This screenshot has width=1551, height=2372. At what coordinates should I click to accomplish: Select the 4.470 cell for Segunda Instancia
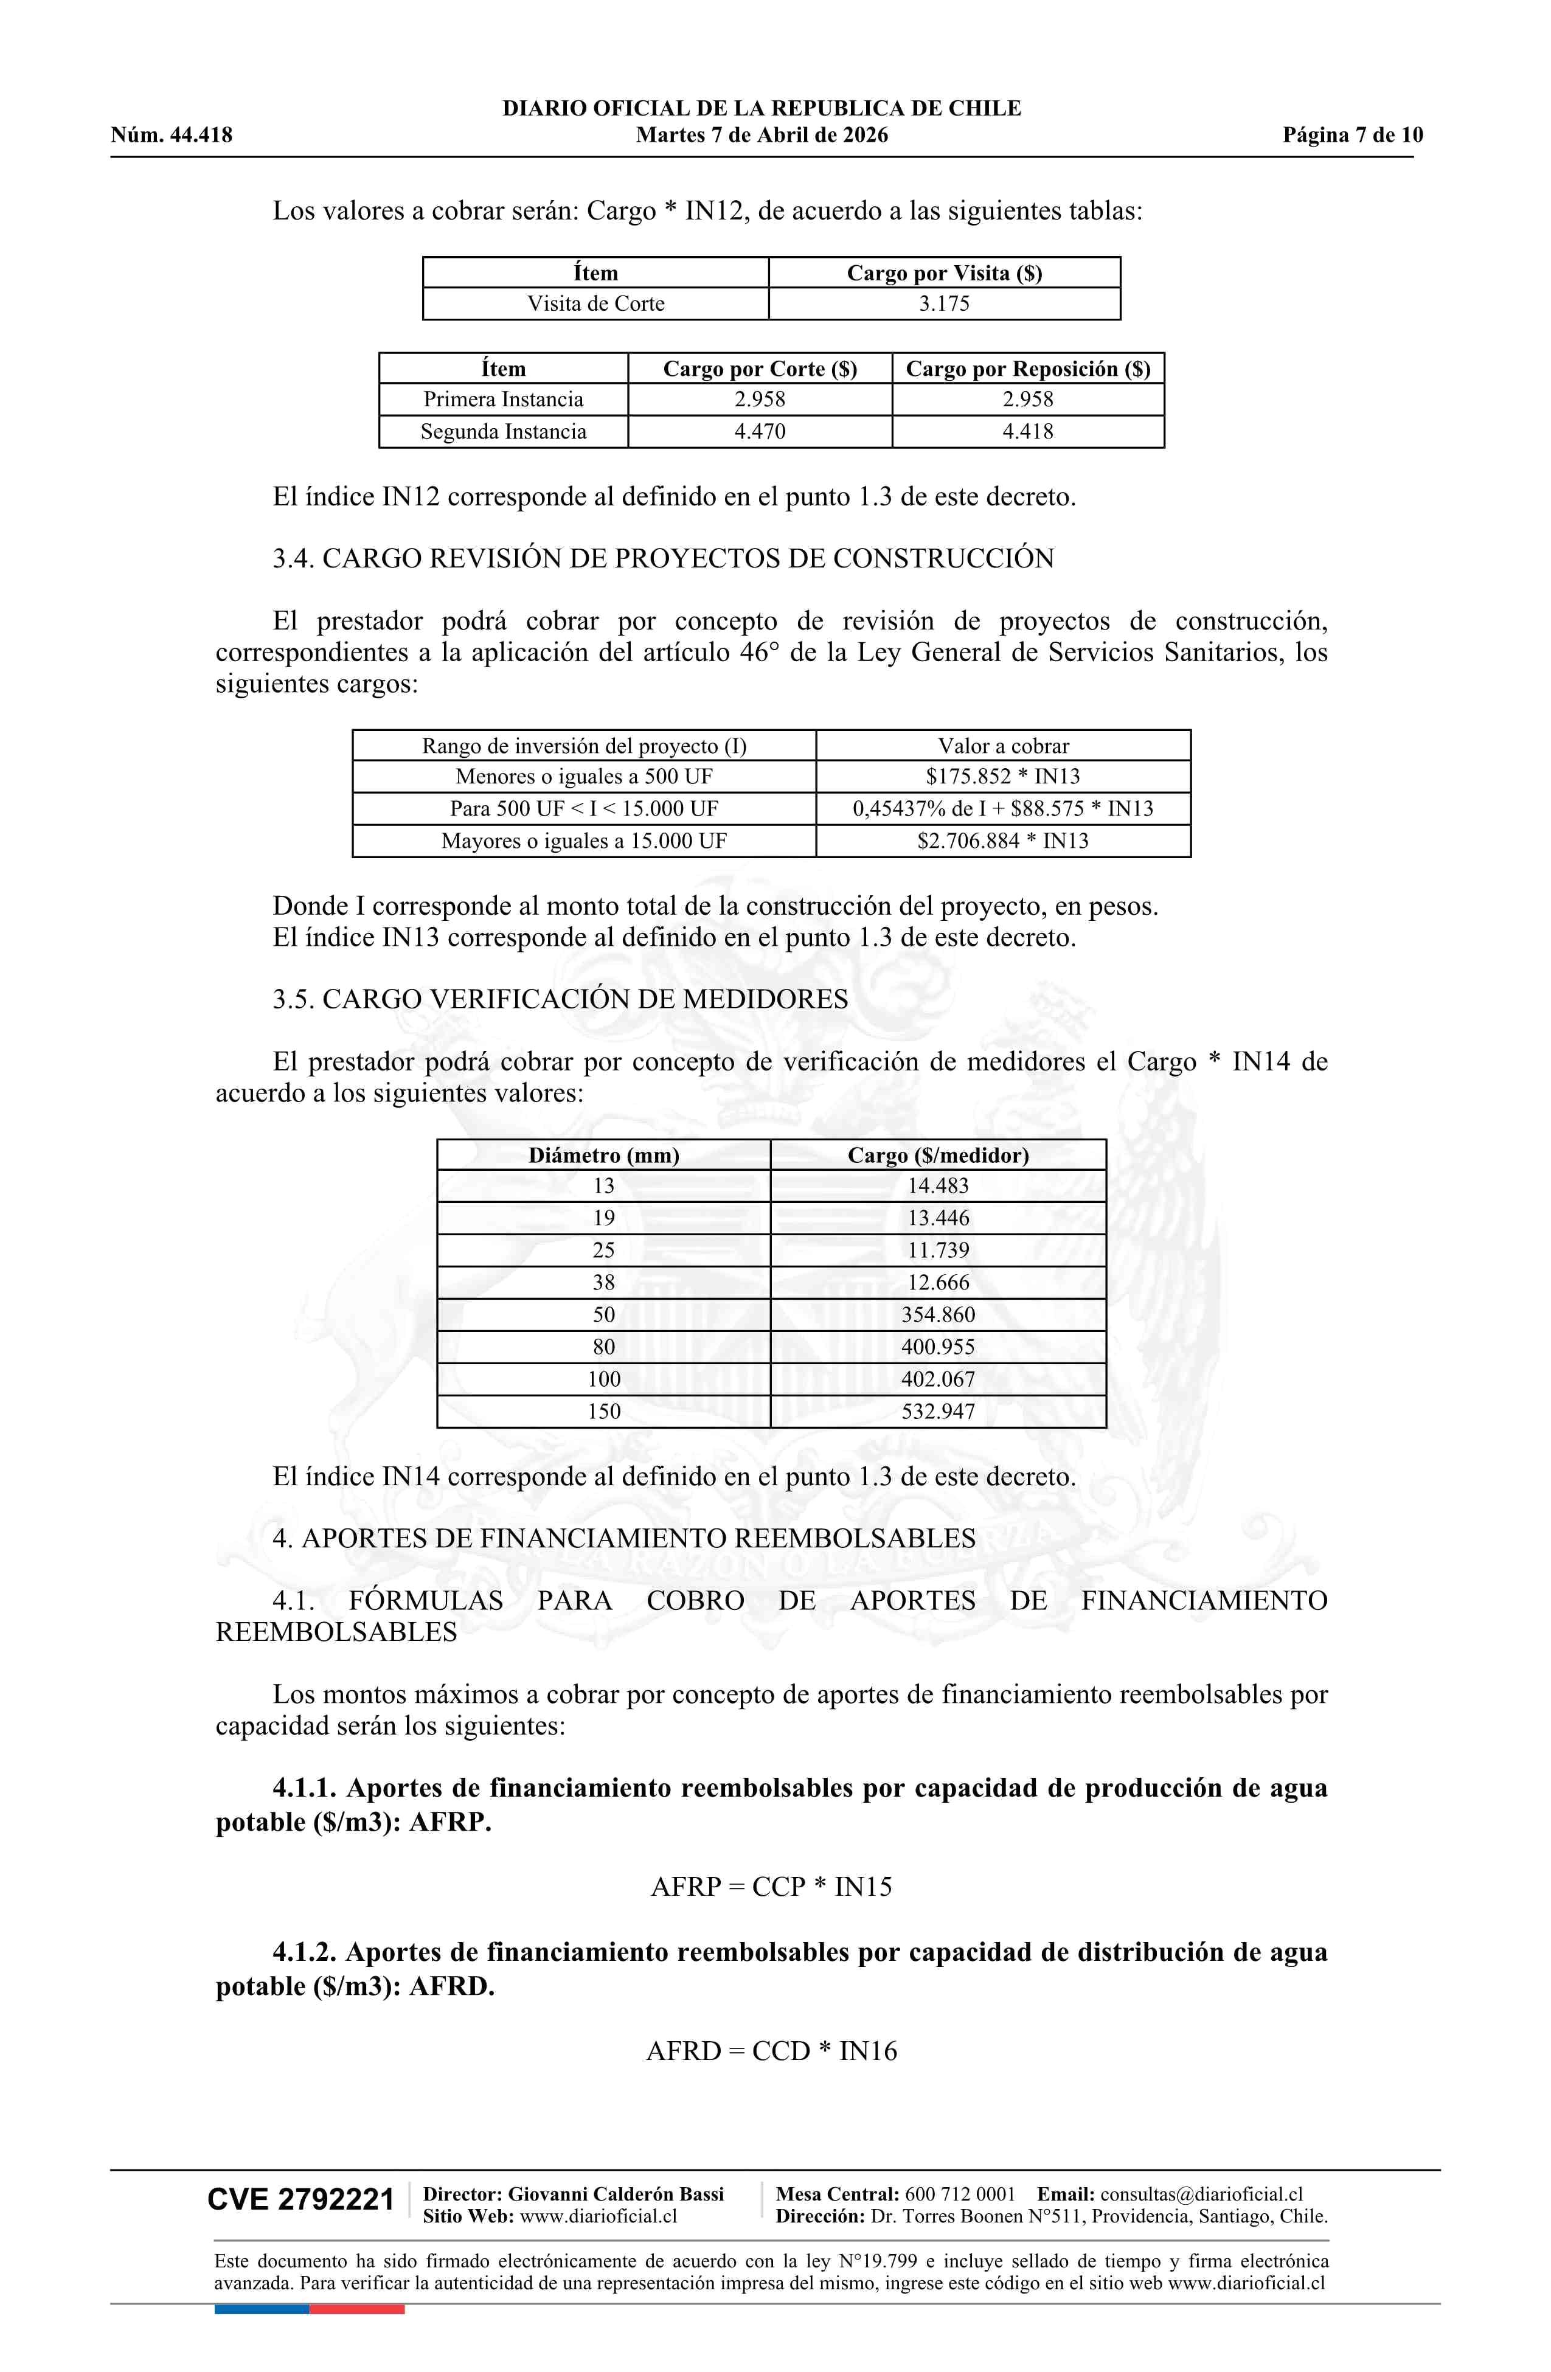(760, 432)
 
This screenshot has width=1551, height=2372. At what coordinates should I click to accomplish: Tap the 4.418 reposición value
(1028, 432)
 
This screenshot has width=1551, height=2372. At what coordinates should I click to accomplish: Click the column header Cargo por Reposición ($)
(1028, 369)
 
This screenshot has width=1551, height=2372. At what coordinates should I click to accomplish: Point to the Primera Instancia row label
(504, 400)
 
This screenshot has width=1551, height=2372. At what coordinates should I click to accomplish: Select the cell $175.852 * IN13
(1003, 777)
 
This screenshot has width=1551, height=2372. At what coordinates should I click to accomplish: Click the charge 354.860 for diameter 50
(938, 1314)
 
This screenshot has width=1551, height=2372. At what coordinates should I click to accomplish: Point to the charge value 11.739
(938, 1250)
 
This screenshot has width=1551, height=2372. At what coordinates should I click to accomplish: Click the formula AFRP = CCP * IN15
(771, 1887)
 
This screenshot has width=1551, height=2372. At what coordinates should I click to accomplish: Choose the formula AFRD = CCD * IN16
(771, 2051)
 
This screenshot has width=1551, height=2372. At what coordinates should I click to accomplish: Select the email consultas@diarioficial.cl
(1201, 2194)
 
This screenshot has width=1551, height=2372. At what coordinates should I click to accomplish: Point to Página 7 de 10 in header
(1353, 136)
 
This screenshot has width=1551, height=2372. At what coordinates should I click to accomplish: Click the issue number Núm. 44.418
(172, 136)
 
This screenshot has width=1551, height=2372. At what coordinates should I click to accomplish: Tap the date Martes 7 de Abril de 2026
(762, 136)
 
